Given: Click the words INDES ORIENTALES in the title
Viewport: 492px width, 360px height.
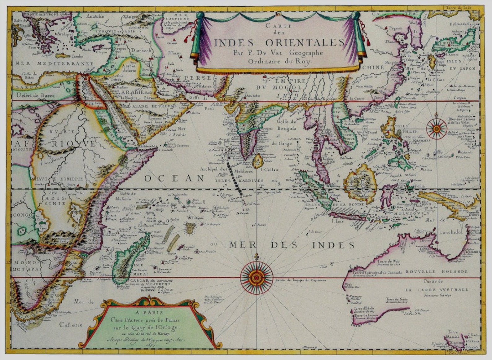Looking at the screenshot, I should [279, 43].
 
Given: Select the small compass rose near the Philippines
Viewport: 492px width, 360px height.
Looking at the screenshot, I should [436, 128].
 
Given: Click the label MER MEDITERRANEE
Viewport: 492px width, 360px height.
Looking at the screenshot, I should [55, 64].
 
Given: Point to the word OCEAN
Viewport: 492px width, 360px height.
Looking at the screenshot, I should [174, 178].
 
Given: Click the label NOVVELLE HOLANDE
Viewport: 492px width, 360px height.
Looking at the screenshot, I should [436, 271].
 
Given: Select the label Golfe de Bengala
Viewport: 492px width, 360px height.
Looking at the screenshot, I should [287, 125].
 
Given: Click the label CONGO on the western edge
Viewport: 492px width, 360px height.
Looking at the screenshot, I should [22, 215].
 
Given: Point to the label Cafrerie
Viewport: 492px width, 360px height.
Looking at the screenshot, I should [71, 325].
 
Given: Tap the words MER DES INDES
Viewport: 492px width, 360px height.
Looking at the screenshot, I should [292, 245].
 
